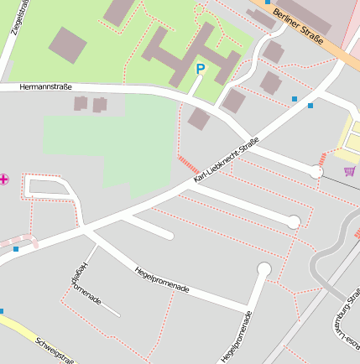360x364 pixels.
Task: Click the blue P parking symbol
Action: [x=200, y=70]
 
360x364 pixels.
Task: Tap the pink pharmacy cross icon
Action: [x=4, y=179]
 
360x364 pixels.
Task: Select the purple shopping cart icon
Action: [x=349, y=171]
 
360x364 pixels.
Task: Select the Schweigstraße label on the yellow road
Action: [x=55, y=350]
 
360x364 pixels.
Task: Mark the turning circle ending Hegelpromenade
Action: [x=264, y=269]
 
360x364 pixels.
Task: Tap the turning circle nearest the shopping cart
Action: [x=316, y=172]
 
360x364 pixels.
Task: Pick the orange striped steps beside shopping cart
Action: [x=322, y=158]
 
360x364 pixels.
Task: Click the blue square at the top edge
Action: [x=268, y=2]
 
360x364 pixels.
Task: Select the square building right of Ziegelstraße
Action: [x=67, y=44]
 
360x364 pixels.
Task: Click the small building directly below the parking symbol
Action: [x=199, y=118]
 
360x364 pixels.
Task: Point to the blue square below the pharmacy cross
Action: [x=16, y=249]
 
